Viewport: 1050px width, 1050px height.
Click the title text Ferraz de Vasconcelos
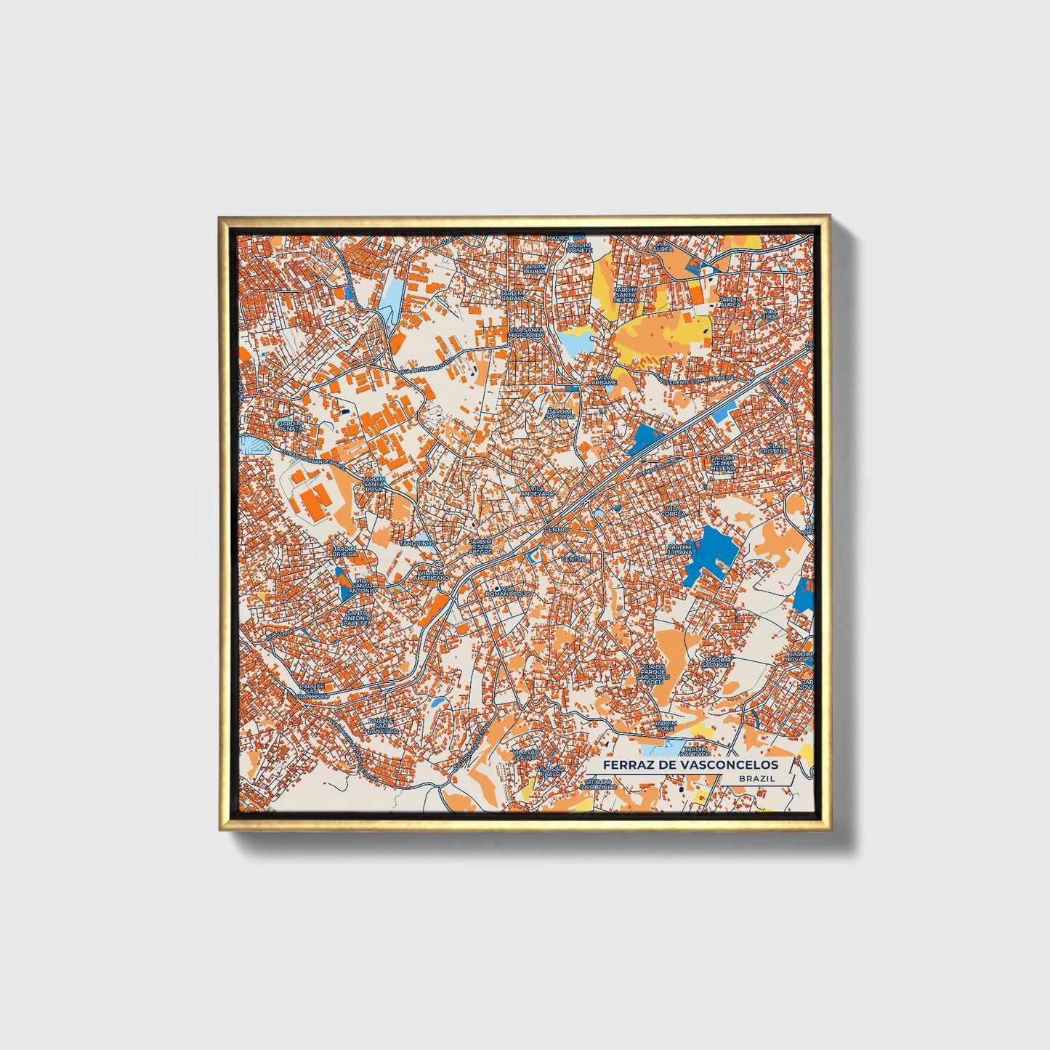coord(690,764)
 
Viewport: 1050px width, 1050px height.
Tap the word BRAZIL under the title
coord(756,778)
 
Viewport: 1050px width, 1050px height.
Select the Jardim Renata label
coord(290,426)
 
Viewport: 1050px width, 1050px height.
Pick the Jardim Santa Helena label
coord(625,294)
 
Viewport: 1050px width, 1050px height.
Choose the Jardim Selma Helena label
coord(723,464)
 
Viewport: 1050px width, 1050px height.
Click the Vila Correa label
coord(672,511)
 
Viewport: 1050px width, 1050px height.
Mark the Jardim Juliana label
coord(679,550)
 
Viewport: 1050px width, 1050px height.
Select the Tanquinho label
coord(418,543)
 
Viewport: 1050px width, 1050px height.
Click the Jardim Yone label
coord(665,726)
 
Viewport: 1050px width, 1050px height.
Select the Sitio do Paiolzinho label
coord(597,783)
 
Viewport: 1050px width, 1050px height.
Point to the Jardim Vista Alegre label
coord(480,546)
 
